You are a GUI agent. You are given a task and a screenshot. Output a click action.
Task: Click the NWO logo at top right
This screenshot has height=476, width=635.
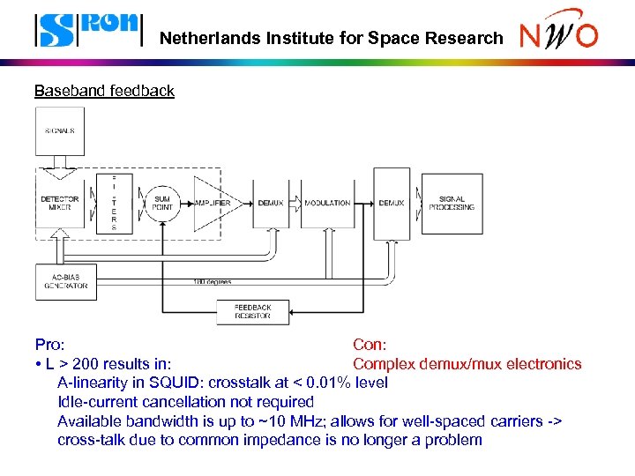point(558,32)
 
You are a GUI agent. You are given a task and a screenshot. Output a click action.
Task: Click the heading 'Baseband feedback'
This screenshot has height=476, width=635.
point(104,91)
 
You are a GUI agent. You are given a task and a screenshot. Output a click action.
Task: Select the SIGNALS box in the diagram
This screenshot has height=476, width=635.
point(60,131)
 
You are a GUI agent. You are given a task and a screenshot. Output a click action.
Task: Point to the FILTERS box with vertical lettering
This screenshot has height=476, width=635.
point(114,203)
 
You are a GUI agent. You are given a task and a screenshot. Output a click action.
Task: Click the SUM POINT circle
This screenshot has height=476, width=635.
point(161,203)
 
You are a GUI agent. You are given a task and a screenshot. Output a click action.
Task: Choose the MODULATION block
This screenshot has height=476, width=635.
point(327,203)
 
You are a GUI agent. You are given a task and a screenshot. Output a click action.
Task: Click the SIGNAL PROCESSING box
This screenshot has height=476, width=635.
point(452,203)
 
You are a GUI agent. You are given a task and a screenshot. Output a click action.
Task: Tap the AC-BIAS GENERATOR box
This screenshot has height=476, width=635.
point(65,281)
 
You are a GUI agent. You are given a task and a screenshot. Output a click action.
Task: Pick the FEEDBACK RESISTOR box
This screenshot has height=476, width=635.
point(252,312)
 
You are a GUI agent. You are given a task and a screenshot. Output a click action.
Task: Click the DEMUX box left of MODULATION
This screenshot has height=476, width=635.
point(271,203)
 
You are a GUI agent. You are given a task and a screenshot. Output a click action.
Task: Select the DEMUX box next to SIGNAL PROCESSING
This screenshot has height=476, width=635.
point(391,203)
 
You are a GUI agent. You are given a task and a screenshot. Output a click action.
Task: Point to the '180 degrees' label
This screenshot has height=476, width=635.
point(213,282)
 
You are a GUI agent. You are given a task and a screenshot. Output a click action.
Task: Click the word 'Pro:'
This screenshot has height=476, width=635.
point(49,345)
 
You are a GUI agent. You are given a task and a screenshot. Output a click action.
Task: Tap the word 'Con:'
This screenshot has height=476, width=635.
point(370,345)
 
